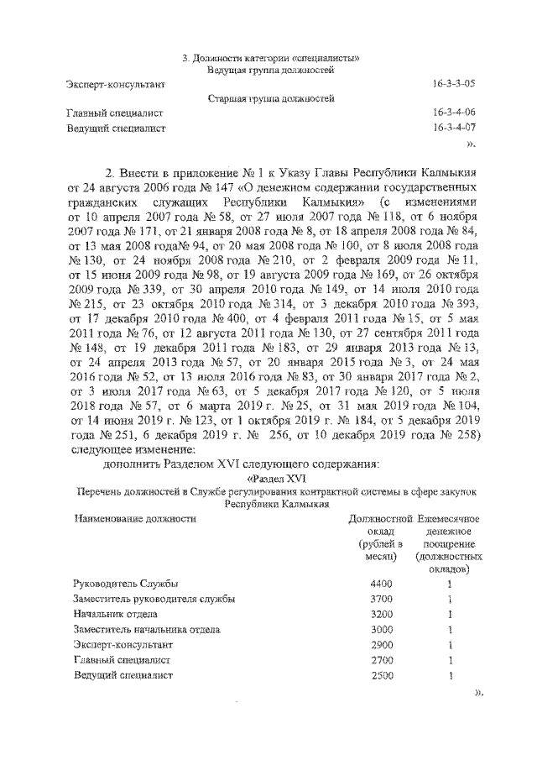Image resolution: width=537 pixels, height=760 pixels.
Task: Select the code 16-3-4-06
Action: [x=453, y=113]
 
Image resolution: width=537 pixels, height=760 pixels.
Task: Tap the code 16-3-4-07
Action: [x=453, y=128]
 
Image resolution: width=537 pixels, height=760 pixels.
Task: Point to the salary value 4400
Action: [x=381, y=584]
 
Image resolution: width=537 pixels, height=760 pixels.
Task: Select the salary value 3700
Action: [x=381, y=599]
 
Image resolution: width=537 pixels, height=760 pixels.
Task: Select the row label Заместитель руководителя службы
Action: [x=154, y=599]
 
